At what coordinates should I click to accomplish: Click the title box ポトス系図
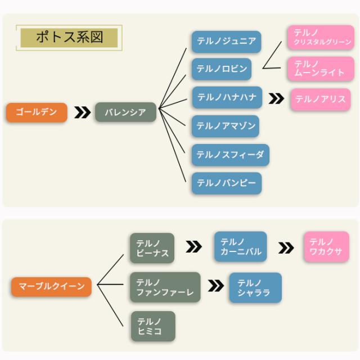tap(69, 38)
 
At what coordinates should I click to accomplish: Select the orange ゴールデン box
tap(37, 112)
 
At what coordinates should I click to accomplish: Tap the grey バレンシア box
tap(125, 112)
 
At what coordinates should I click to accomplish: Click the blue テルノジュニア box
tap(226, 42)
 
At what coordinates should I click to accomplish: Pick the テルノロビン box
tap(222, 69)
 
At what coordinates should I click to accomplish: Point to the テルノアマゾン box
tap(226, 126)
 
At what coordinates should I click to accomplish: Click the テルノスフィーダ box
tap(230, 155)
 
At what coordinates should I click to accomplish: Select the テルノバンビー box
tap(226, 183)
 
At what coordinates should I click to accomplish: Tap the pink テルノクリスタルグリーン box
tap(321, 37)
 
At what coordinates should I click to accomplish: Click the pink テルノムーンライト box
tap(321, 69)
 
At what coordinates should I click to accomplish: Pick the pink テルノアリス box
tap(320, 99)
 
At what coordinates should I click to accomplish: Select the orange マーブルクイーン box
tap(51, 286)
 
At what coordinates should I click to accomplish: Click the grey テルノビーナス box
tap(152, 248)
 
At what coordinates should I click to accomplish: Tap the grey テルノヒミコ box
tap(152, 326)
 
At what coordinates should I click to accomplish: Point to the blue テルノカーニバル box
tap(241, 246)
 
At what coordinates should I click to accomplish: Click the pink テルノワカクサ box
tap(326, 246)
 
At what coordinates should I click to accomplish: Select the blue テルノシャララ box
tap(255, 287)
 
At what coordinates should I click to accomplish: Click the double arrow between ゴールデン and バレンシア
tap(82, 112)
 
